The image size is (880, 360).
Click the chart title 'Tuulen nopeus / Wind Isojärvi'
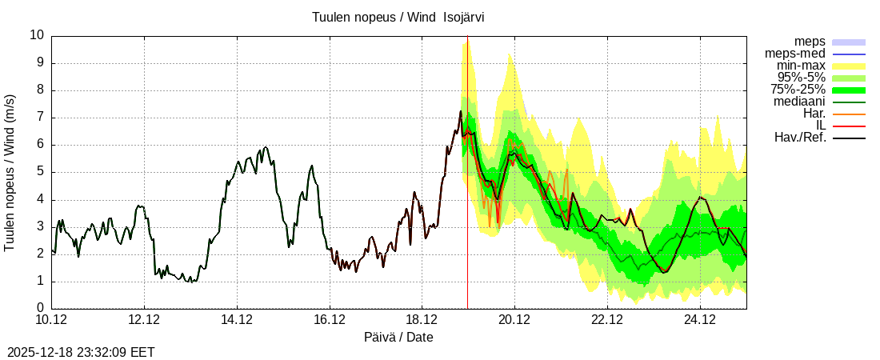[x=398, y=17]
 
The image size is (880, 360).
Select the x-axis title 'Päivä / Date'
[x=398, y=337]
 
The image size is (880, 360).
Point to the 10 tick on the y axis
[x=37, y=35]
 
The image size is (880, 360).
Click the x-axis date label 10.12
[x=51, y=320]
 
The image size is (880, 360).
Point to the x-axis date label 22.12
[x=607, y=320]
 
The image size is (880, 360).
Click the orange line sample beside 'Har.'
[x=849, y=114]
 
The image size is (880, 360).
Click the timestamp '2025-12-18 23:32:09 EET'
[x=81, y=352]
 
